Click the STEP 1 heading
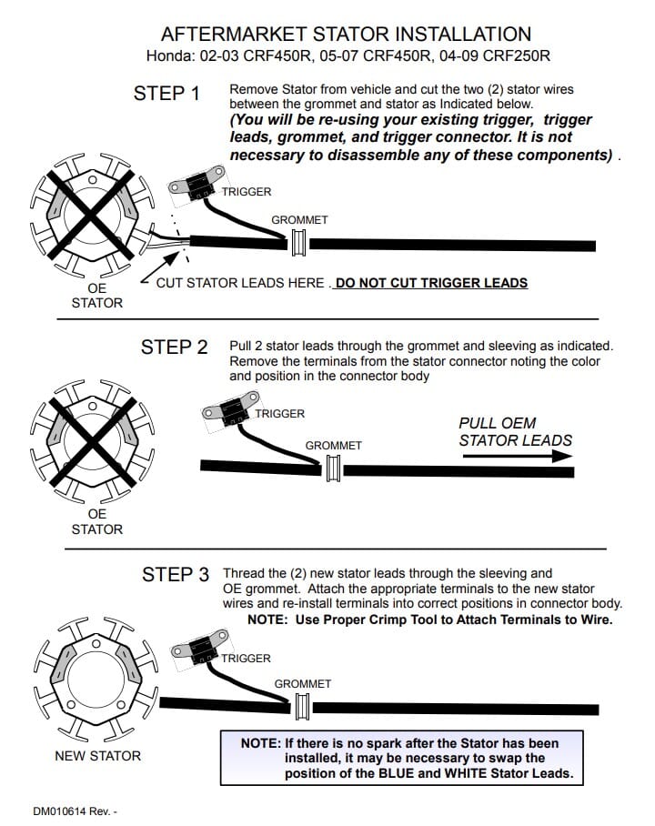point(166,94)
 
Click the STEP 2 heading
point(174,348)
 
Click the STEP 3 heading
point(176,575)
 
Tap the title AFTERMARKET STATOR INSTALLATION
point(346,35)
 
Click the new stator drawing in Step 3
point(92,674)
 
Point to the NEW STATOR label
point(97,756)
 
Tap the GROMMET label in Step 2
point(333,446)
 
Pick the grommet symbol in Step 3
point(303,707)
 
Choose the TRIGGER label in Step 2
point(279,414)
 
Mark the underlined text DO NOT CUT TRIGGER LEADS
point(431,283)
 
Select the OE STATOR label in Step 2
point(96,521)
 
